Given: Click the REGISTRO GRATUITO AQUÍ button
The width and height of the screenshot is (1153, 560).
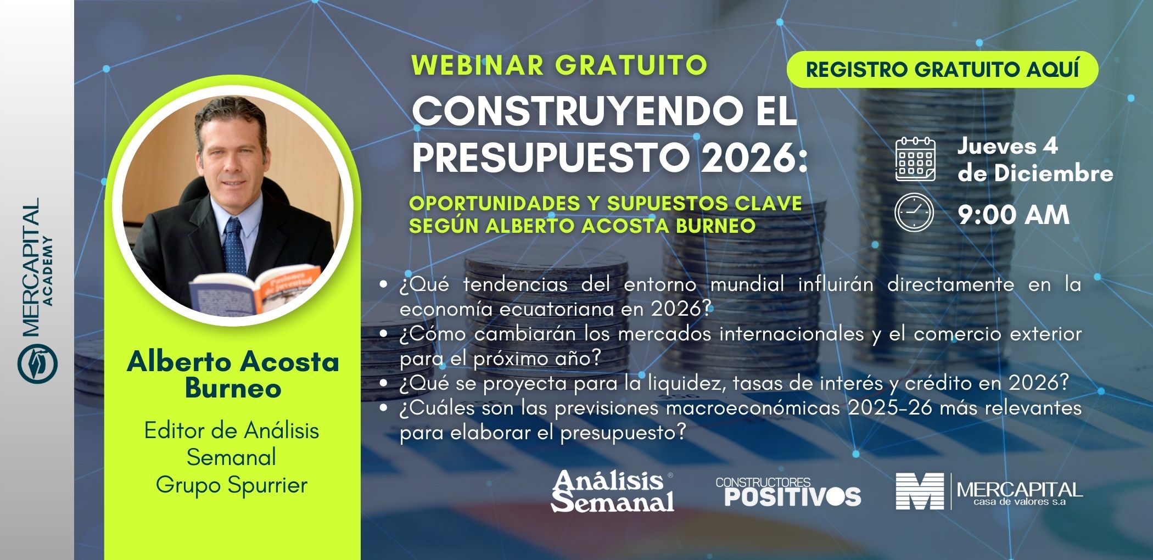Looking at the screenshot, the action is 942,70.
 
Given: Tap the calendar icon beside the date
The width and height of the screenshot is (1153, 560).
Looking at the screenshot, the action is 915,160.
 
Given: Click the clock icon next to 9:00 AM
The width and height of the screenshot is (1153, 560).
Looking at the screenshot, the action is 914,212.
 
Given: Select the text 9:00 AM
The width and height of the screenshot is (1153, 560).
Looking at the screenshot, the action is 1014,215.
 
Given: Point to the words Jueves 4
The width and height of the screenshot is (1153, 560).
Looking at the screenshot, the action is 1008,146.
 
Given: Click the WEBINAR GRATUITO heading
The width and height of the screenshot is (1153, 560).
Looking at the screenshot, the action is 559,65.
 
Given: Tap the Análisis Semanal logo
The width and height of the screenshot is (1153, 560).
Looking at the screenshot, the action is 613,491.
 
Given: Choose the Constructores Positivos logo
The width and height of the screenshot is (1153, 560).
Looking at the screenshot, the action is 788,491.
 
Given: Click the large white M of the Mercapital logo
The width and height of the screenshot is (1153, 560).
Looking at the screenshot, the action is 919,491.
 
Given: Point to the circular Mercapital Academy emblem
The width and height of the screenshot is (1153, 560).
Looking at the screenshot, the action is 37,363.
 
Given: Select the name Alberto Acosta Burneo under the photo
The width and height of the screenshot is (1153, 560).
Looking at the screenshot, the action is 233,375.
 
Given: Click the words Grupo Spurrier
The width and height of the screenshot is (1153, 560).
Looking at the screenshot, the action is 232,485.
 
